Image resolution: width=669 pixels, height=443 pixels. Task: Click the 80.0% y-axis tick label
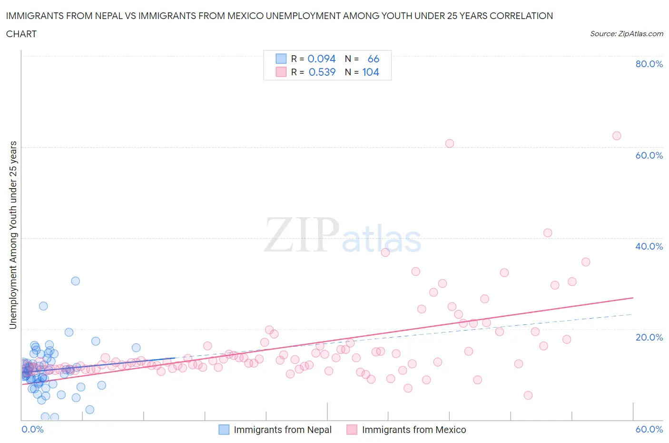point(649,64)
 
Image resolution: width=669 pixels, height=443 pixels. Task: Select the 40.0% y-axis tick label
point(649,246)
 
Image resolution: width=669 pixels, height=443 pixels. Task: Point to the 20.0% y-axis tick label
point(649,337)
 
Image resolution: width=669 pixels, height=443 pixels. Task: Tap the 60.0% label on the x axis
point(649,429)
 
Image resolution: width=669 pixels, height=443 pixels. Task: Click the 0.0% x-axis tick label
point(32,429)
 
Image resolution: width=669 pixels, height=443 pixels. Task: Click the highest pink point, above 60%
point(617,136)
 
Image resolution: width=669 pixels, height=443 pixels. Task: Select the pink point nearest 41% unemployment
point(548,233)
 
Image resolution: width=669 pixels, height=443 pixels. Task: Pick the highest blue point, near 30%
point(75,281)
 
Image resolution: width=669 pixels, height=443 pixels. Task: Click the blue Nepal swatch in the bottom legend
point(224,430)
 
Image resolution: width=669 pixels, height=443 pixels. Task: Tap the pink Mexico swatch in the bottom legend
point(352,430)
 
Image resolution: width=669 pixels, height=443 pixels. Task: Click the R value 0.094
point(322,59)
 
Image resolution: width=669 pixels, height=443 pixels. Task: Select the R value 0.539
point(322,72)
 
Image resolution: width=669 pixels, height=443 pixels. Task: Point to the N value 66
point(373,59)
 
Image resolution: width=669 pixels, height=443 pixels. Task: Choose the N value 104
point(371,72)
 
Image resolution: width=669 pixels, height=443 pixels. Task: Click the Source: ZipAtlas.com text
point(626,33)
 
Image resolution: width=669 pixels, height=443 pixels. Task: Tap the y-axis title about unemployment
point(13,235)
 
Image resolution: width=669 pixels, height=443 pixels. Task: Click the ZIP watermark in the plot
point(302,235)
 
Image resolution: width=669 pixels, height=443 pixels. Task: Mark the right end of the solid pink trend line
point(633,298)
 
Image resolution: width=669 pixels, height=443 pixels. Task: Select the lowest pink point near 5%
point(528,395)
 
